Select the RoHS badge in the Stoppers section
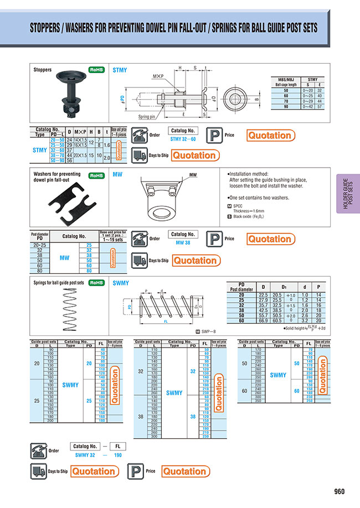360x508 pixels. click(x=96, y=70)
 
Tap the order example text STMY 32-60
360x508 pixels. click(x=183, y=139)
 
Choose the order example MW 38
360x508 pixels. click(x=183, y=242)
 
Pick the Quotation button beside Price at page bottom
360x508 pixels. click(x=186, y=471)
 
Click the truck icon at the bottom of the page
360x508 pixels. click(x=37, y=471)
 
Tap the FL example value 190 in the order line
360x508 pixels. click(x=117, y=454)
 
